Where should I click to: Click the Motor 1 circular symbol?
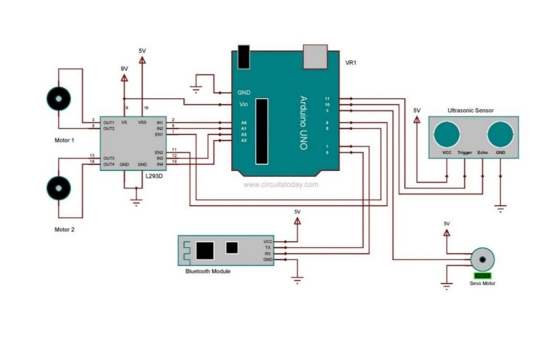58,98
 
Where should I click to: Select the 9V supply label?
124,69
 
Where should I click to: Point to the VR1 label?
350,63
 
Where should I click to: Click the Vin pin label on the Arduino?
243,105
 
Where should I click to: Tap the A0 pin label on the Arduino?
244,122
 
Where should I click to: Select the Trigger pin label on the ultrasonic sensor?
465,153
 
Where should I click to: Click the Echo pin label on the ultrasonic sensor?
482,153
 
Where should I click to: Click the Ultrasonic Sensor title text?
470,110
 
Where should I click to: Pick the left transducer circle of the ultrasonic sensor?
447,134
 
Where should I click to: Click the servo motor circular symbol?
481,259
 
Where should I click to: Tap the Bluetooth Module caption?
207,271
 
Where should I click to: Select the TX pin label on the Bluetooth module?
268,247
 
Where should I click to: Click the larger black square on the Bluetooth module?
205,250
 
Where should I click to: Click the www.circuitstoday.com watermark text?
281,185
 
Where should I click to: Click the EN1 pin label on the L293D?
160,134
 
